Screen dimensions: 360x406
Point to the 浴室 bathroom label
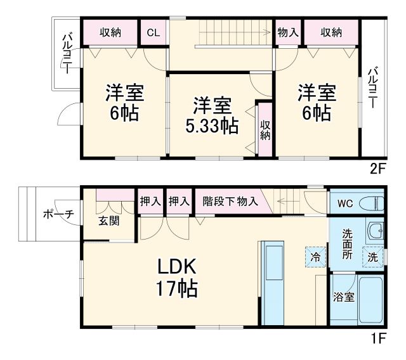pos(344,297)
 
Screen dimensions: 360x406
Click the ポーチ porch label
pos(59,214)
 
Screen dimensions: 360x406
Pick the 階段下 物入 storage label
pos(230,202)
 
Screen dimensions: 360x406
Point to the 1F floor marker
pos(378,338)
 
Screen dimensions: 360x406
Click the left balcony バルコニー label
pos(66,55)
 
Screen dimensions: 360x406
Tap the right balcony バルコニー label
pos(373,87)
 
